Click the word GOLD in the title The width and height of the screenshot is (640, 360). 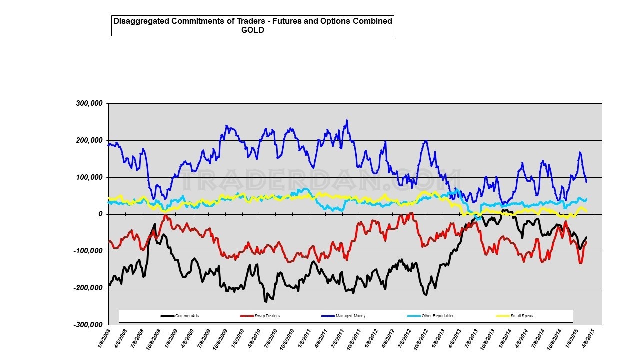point(252,30)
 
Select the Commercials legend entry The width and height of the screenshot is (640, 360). point(187,316)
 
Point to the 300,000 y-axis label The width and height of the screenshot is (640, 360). point(89,103)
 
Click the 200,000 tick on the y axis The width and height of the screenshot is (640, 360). point(89,140)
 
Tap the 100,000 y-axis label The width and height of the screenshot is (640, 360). point(89,177)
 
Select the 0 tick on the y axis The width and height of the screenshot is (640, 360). point(100,214)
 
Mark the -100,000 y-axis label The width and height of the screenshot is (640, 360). point(88,251)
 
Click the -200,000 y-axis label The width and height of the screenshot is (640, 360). point(88,288)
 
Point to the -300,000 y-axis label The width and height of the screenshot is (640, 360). point(88,325)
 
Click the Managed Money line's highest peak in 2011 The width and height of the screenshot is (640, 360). point(347,120)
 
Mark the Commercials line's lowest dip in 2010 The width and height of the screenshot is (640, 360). point(266,302)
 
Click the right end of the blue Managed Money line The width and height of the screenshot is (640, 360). point(586,181)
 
